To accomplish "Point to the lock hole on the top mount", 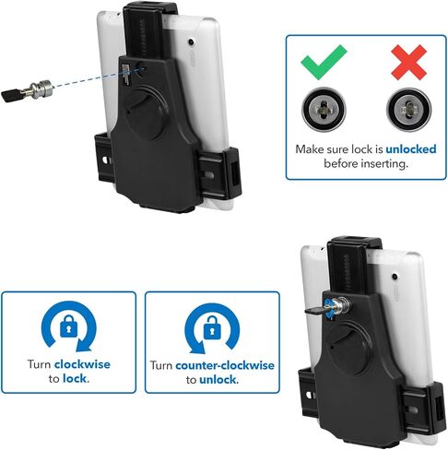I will pos(139,67).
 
